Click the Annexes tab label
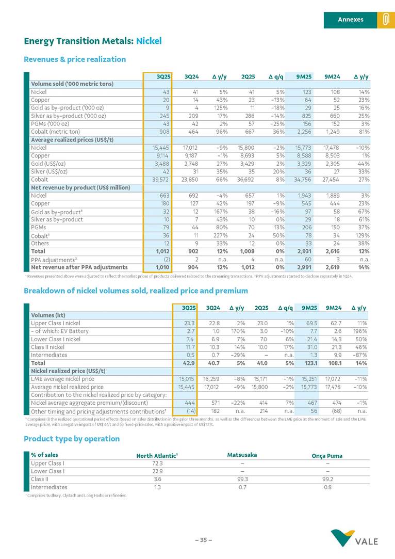tap(350, 20)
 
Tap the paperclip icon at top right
tap(385, 20)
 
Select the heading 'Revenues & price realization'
tap(75, 59)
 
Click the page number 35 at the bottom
tap(203, 540)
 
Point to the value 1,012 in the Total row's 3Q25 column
tap(161, 251)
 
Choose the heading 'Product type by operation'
tap(72, 439)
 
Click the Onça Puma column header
tap(327, 456)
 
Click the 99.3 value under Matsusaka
tap(242, 479)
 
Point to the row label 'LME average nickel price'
tap(62, 379)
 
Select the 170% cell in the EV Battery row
tap(236, 331)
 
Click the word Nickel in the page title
tap(149, 40)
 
